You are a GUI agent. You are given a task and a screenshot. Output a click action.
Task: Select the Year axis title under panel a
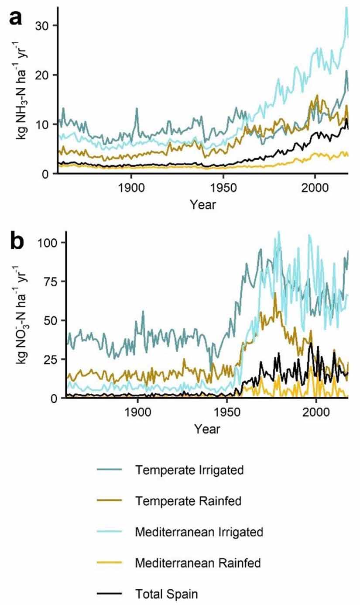[202, 204]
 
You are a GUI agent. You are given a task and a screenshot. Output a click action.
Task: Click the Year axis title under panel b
[207, 429]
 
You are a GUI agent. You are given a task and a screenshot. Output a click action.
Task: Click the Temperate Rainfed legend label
[188, 501]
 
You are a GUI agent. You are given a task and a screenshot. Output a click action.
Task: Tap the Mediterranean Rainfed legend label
[198, 563]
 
